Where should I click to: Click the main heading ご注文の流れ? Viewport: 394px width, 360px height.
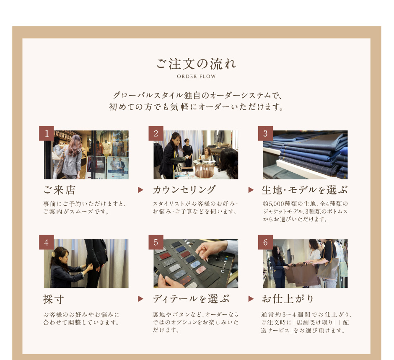(x=196, y=64)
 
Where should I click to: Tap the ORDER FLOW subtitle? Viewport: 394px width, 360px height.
(x=196, y=76)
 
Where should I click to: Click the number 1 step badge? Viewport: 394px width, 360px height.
(x=47, y=133)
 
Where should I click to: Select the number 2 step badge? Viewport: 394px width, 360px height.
(x=156, y=133)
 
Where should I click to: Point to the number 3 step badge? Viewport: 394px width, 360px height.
(x=266, y=133)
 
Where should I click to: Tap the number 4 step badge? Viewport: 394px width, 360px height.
(x=47, y=242)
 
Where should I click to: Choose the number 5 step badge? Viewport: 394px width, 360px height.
(x=156, y=242)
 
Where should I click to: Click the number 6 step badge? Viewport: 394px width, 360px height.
(x=266, y=242)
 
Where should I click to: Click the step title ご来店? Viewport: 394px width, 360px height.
(x=59, y=190)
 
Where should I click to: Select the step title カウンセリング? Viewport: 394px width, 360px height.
(x=184, y=190)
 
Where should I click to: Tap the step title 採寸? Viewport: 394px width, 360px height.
(x=54, y=299)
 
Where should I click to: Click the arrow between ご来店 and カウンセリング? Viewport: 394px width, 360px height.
(x=141, y=190)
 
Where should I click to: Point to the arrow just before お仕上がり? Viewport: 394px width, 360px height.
(x=251, y=299)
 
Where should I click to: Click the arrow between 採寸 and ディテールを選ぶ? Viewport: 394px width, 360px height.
(x=141, y=299)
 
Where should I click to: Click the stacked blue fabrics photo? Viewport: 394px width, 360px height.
(x=305, y=155)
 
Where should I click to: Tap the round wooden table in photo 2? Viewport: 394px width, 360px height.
(x=204, y=168)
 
